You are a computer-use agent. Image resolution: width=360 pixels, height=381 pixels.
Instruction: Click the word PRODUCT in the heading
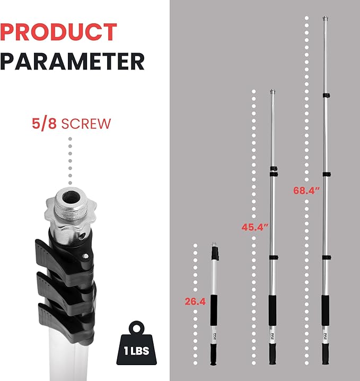pos(58,32)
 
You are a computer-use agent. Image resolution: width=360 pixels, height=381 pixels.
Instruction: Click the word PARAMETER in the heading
pos(72,61)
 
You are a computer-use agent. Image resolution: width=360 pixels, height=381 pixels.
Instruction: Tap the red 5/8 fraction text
pos(45,124)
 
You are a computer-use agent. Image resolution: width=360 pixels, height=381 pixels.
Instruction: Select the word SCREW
pos(86,124)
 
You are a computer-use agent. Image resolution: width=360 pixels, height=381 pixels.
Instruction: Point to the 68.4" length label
pos(306,190)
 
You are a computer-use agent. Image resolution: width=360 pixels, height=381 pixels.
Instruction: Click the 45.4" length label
pos(255,227)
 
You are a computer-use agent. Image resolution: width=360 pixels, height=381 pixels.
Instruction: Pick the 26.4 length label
pos(195,301)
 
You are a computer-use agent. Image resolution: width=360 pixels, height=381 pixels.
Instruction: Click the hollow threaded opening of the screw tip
pos(71,197)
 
